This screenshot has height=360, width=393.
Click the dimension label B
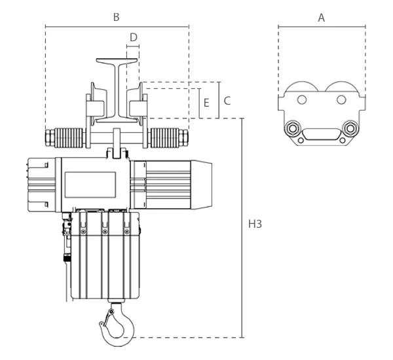click(x=116, y=17)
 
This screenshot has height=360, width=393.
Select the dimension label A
click(x=322, y=18)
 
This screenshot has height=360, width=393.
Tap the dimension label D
click(x=134, y=37)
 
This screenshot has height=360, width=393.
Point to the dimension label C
click(x=227, y=101)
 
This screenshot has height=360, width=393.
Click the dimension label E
click(x=206, y=103)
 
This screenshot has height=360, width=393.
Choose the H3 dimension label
click(x=255, y=224)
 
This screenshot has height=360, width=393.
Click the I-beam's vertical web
click(x=117, y=90)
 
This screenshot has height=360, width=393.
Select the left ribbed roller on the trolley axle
click(x=69, y=137)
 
